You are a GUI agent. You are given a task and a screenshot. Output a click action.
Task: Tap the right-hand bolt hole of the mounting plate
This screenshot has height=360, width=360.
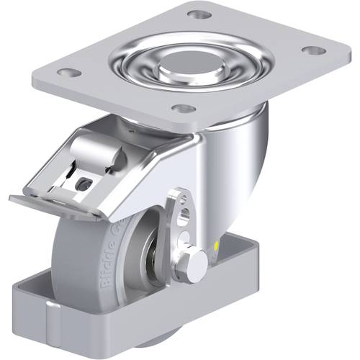point(312,51)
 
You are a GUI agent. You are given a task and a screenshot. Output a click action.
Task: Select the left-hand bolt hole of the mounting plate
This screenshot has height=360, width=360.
point(69,73)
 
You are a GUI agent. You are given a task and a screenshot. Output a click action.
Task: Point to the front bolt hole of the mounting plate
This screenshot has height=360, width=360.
point(184,109)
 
